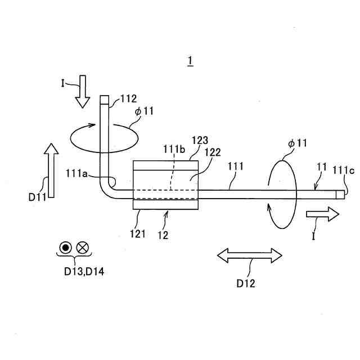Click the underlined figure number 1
pyautogui.click(x=191, y=60)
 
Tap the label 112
pyautogui.click(x=128, y=99)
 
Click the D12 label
pyautogui.click(x=245, y=283)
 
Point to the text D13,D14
pyautogui.click(x=84, y=272)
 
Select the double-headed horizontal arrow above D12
pyautogui.click(x=250, y=255)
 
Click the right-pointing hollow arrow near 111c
pyautogui.click(x=323, y=214)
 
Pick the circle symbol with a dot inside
pyautogui.click(x=66, y=247)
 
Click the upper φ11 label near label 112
pyautogui.click(x=145, y=111)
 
